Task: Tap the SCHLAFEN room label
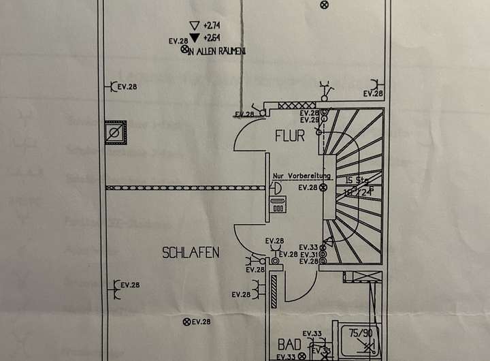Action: click(191, 253)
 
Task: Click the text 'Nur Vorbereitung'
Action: click(301, 176)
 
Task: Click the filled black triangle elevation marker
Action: click(194, 37)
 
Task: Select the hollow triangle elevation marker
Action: click(193, 25)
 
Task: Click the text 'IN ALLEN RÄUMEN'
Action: click(216, 51)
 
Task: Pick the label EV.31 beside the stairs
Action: click(309, 255)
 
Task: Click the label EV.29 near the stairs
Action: click(310, 120)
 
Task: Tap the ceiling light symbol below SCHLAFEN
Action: click(185, 321)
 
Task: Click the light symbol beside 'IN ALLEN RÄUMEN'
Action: click(184, 49)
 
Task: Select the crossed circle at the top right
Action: click(323, 5)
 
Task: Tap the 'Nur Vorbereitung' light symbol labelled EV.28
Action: click(323, 187)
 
